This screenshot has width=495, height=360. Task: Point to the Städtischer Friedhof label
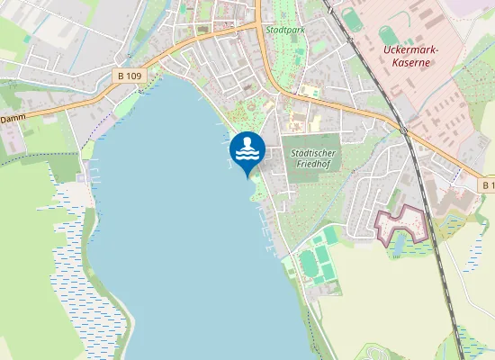point(312,160)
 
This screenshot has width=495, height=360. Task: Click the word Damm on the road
point(12,118)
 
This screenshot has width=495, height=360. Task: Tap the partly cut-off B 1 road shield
point(487,184)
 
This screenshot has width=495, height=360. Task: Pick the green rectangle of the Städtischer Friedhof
point(312,158)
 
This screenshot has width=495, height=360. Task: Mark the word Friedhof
point(312,166)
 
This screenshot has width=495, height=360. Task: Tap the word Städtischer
point(312,154)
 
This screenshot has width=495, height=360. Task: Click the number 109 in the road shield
point(134,76)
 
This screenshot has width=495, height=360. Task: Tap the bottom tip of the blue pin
point(247,176)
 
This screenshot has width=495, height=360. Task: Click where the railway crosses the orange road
point(402,130)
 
